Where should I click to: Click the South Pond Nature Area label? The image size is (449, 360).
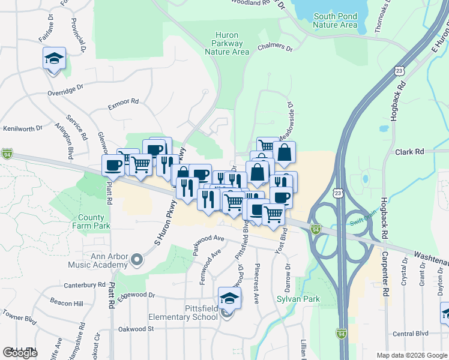[x=336, y=20]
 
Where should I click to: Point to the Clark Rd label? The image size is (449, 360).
[x=409, y=152]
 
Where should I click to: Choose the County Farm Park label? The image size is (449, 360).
[x=94, y=221]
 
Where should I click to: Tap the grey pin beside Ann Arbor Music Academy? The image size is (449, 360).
[x=137, y=260]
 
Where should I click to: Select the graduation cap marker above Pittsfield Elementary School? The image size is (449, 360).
[x=229, y=298]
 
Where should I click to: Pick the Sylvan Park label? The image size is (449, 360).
[x=298, y=299]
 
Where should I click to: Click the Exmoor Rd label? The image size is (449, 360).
[x=123, y=103]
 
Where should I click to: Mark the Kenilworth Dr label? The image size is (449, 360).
[x=23, y=128]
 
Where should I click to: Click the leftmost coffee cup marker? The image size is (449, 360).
[x=114, y=165]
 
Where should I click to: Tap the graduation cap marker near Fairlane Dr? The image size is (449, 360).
[x=54, y=58]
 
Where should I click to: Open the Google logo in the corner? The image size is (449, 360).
[x=20, y=353]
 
